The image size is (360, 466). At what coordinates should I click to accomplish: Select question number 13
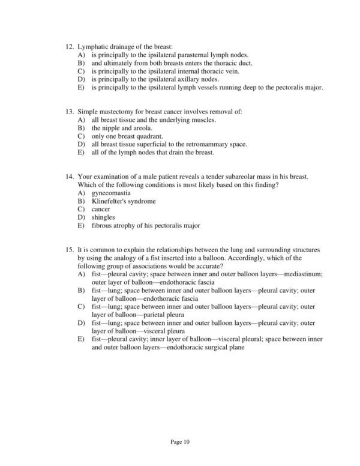70,112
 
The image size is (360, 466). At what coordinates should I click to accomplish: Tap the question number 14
70,177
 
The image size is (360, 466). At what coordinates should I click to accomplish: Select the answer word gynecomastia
112,193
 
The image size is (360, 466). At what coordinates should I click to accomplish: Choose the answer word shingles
103,217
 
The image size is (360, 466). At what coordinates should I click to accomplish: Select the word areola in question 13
143,129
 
